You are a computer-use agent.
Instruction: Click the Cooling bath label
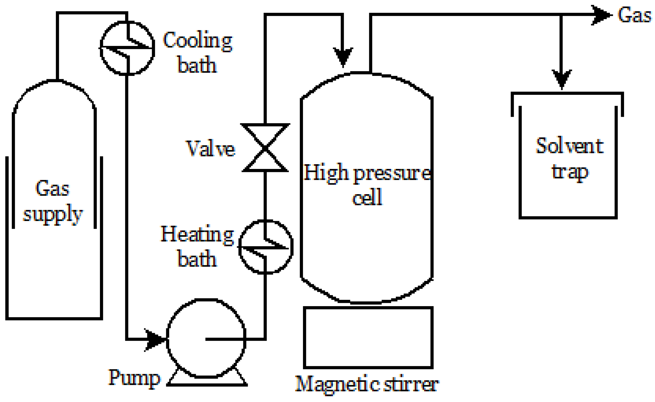coord(197,52)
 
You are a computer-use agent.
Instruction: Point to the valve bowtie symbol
coord(265,148)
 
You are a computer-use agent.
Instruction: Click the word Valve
coord(210,148)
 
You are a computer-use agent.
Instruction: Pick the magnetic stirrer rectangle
coord(368,338)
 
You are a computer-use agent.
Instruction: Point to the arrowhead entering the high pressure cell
coord(343,56)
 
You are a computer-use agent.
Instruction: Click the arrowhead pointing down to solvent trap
coord(561,79)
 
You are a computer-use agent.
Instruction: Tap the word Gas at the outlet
coord(634,15)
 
